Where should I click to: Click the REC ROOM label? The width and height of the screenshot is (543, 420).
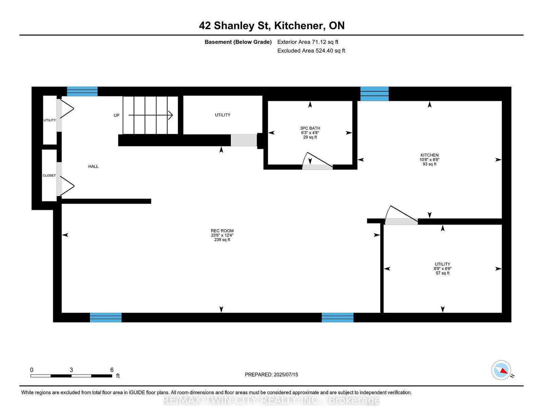tap(222, 231)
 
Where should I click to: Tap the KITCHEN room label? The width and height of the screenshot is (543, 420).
tap(429, 155)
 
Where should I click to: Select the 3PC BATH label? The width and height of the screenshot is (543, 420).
tap(310, 128)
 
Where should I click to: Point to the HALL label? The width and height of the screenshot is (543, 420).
tap(93, 166)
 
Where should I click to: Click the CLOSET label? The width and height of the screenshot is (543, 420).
tap(49, 176)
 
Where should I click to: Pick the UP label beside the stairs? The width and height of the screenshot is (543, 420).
tap(116, 115)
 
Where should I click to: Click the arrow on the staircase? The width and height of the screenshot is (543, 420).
tap(150, 115)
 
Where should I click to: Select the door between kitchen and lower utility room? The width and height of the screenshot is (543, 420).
tap(401, 215)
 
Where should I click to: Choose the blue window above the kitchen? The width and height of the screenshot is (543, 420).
tap(374, 94)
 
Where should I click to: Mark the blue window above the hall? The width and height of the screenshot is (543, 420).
tap(82, 91)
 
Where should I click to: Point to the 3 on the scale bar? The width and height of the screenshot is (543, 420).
tap(71, 370)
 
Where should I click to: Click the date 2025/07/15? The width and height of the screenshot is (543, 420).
tap(286, 375)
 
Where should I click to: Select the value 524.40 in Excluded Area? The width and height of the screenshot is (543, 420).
tap(324, 51)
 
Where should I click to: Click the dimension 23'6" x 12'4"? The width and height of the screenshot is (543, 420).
tap(222, 235)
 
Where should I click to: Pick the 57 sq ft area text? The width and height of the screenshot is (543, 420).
tap(443, 273)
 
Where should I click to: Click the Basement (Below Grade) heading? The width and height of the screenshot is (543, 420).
tap(238, 42)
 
